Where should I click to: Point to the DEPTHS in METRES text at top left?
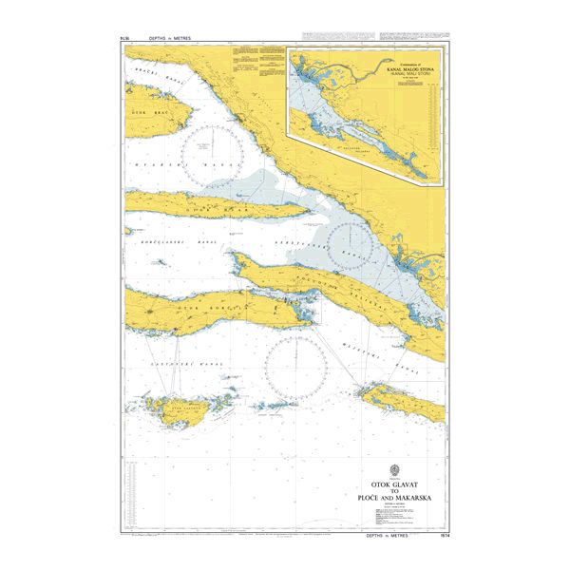coord(170,39)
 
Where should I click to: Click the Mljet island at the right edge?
coord(404,400)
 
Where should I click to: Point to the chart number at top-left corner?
coord(125,39)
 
